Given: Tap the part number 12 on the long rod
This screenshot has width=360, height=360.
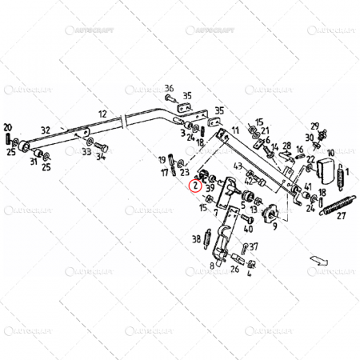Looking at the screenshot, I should (x=102, y=114).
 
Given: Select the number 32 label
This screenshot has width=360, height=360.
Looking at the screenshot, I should (x=46, y=130).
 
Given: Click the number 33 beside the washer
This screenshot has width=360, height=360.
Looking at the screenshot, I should (x=86, y=151).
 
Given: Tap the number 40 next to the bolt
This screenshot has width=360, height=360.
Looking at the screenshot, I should (x=249, y=229).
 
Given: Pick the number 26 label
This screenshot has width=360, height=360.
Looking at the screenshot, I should (x=234, y=269).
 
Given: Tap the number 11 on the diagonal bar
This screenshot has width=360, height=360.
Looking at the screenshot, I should (x=234, y=130).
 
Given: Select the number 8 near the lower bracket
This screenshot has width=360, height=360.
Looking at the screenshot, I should (x=212, y=265).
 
